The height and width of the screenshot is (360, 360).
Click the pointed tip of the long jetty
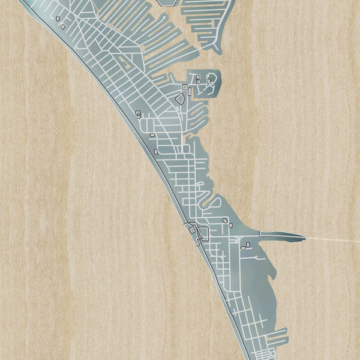(304, 237)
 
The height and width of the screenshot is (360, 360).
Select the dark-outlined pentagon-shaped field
(179, 99)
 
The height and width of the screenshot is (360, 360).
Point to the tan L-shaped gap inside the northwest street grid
(127, 61)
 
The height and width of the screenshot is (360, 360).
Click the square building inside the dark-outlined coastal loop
(192, 229)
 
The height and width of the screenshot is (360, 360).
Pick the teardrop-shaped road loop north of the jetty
(214, 204)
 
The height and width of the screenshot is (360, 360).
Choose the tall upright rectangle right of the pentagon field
(188, 92)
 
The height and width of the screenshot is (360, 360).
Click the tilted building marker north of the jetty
(225, 221)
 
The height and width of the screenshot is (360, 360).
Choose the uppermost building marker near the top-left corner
(58, 19)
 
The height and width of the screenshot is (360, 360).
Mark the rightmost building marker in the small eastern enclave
(211, 79)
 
